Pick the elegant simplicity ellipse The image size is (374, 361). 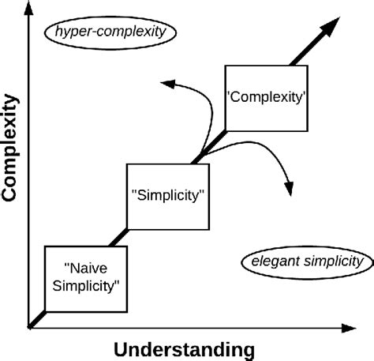point(307,261)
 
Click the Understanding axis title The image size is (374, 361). point(184,348)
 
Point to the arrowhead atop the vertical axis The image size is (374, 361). point(30,10)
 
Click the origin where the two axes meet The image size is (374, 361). point(30,325)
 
